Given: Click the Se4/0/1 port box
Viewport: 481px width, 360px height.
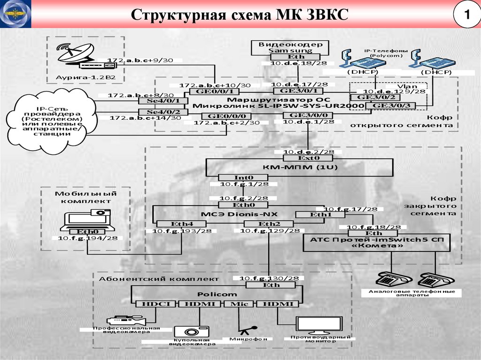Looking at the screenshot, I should click(163, 100).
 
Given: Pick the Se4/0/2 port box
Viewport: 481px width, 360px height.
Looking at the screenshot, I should click(163, 112).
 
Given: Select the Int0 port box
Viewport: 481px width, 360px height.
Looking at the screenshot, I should click(243, 177).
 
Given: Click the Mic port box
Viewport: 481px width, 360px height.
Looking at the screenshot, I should click(239, 304).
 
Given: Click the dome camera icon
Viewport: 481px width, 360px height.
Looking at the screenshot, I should click(187, 331).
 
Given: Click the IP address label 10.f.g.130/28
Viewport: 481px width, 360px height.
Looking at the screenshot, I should click(269, 278).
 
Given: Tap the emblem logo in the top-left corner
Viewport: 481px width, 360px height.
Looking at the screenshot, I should click(16, 15).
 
